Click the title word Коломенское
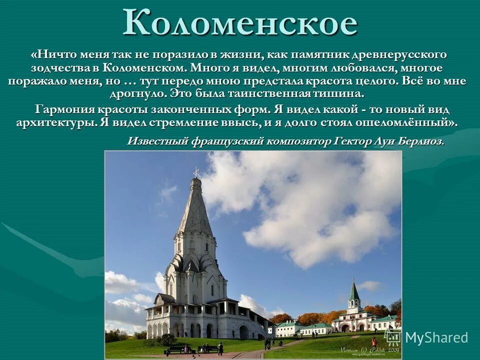click(240, 22)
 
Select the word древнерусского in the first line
click(403, 54)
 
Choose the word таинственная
click(279, 94)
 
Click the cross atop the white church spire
click(196, 172)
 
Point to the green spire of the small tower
click(354, 290)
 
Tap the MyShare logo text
click(436, 337)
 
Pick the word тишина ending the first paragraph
click(337, 94)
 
